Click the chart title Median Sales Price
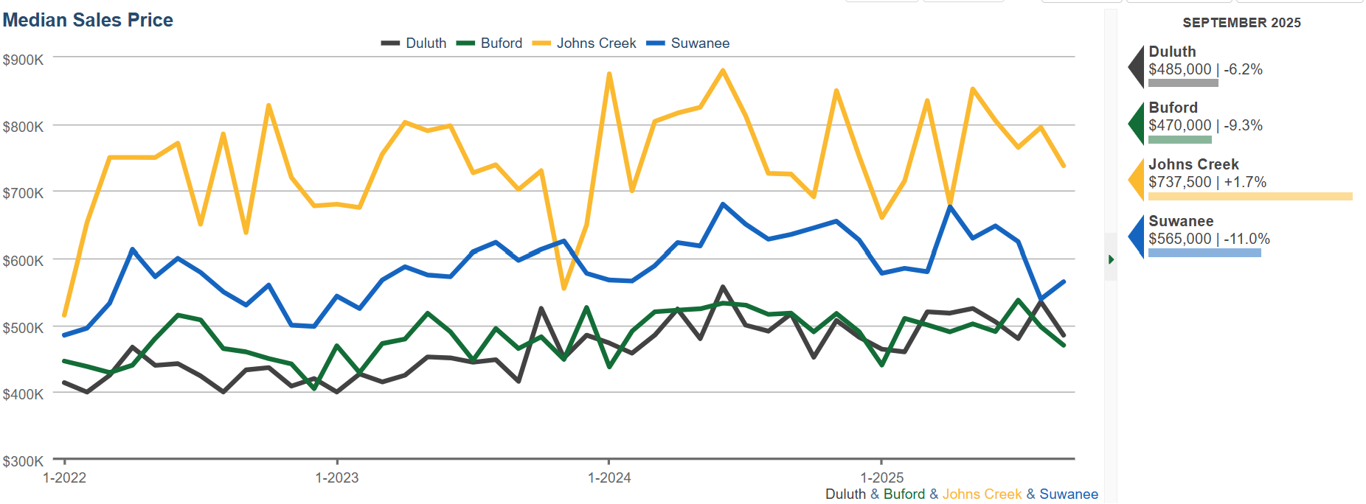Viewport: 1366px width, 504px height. pyautogui.click(x=88, y=20)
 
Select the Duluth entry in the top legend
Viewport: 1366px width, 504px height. pyautogui.click(x=425, y=43)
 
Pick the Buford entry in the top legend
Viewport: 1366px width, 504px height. pyautogui.click(x=501, y=43)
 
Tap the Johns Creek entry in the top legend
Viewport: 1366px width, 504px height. pyautogui.click(x=596, y=43)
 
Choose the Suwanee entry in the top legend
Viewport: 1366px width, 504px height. pyautogui.click(x=699, y=43)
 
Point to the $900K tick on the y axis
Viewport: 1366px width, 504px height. pyautogui.click(x=23, y=60)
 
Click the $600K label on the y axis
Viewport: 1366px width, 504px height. pyautogui.click(x=23, y=261)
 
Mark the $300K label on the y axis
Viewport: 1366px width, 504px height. pyautogui.click(x=23, y=461)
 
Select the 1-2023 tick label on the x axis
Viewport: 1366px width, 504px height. pyautogui.click(x=337, y=477)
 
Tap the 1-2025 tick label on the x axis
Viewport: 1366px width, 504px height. pyautogui.click(x=882, y=477)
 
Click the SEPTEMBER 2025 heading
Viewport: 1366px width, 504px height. pyautogui.click(x=1241, y=23)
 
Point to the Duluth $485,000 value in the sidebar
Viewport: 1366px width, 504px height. pyautogui.click(x=1180, y=69)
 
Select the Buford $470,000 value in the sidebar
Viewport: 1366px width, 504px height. pyautogui.click(x=1180, y=125)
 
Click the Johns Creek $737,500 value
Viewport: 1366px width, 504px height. pyautogui.click(x=1180, y=182)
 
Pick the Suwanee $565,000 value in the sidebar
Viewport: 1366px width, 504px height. pyautogui.click(x=1180, y=239)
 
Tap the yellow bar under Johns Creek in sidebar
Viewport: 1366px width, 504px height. pyautogui.click(x=1250, y=197)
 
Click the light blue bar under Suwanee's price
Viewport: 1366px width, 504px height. pyautogui.click(x=1204, y=253)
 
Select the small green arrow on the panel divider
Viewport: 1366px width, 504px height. pyautogui.click(x=1111, y=259)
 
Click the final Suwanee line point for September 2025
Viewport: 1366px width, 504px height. pyautogui.click(x=1064, y=281)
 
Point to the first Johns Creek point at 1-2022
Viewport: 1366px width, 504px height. pyautogui.click(x=65, y=315)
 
